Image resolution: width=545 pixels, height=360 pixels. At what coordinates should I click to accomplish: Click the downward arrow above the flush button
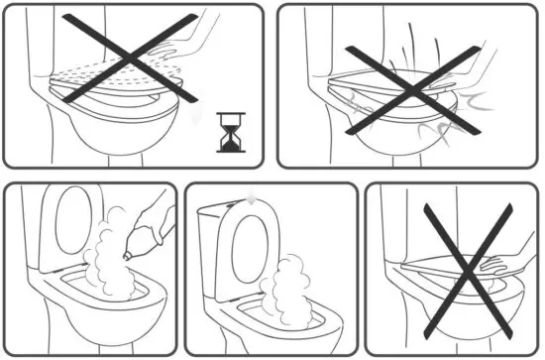coord(254,197)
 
